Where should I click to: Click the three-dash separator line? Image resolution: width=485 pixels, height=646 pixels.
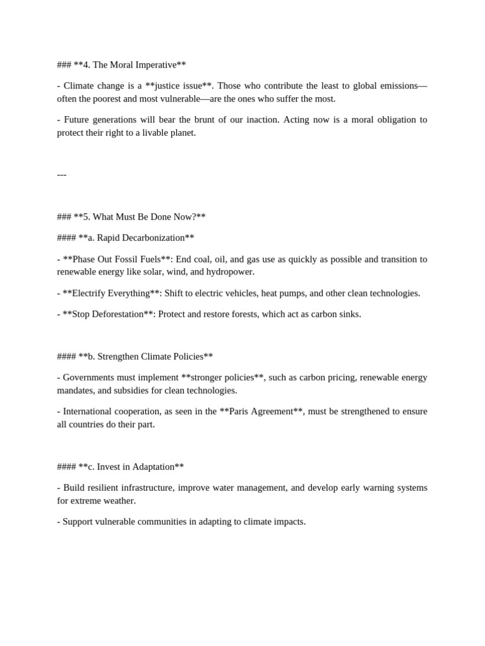point(61,175)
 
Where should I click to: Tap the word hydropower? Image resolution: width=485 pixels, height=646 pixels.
point(231,272)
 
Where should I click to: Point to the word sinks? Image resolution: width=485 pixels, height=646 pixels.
point(348,314)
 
